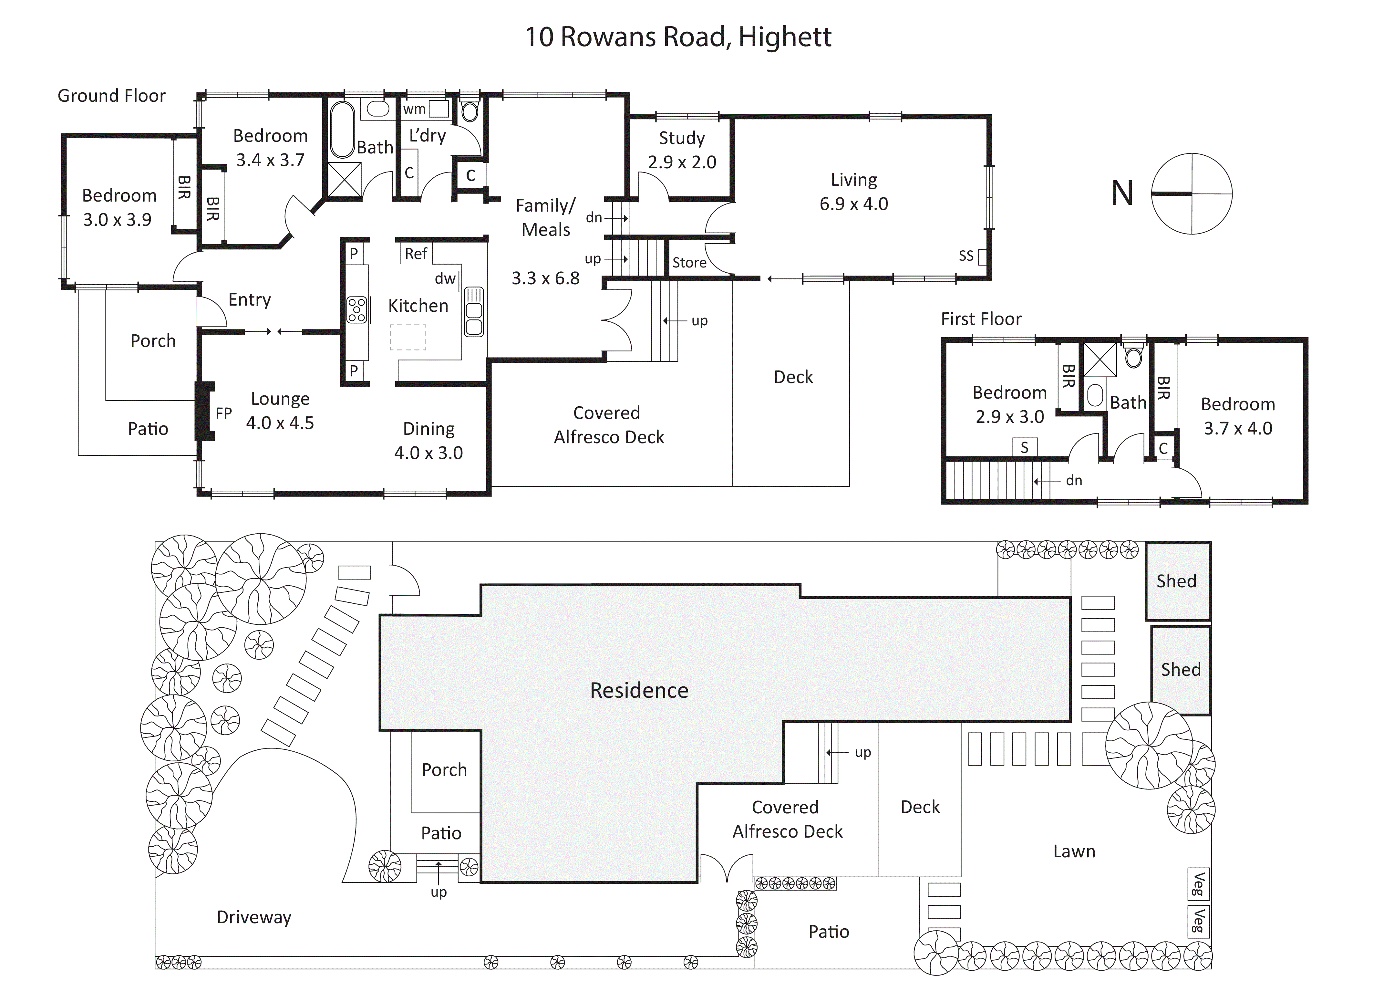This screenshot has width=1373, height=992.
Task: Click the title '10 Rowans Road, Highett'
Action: click(678, 37)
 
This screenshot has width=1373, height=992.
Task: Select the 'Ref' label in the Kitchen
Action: click(416, 254)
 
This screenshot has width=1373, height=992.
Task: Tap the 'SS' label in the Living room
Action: click(966, 256)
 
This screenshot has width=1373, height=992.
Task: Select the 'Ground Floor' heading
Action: click(111, 96)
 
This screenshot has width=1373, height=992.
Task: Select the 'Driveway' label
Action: click(254, 917)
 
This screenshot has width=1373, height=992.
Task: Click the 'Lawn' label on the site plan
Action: click(1074, 851)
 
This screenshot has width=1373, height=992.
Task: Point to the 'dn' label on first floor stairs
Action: click(1074, 480)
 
